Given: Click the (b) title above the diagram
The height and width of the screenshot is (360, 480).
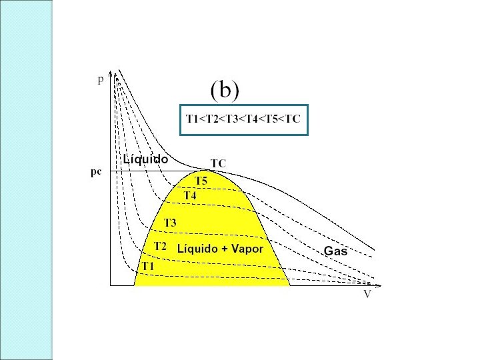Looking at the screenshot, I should [x=225, y=91].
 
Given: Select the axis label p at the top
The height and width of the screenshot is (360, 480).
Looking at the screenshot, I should [x=101, y=80].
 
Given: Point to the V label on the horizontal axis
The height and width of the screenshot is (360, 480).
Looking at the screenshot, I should [x=367, y=294].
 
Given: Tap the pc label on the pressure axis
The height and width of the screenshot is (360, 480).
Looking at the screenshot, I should [x=96, y=171].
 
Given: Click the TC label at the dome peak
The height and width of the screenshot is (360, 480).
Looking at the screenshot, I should [x=218, y=163].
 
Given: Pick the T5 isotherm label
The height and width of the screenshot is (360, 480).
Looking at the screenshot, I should [x=201, y=181].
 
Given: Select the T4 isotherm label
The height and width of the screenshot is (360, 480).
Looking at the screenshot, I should [x=190, y=196].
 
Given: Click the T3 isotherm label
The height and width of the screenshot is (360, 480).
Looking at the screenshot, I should [x=170, y=223].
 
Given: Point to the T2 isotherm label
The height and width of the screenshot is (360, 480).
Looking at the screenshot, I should [x=161, y=246].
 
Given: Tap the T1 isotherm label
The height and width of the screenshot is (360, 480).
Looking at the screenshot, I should [x=147, y=266].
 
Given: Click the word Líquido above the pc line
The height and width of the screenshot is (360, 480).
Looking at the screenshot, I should [x=145, y=159].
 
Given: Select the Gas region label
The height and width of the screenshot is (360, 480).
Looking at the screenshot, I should [x=335, y=251].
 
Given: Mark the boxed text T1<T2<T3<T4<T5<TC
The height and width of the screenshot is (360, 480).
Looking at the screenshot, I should [x=243, y=120].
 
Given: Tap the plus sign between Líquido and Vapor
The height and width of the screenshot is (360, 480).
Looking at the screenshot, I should [x=223, y=249].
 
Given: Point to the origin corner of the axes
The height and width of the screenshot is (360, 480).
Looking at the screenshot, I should [x=109, y=285].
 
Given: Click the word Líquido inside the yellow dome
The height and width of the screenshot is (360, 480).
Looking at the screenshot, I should [x=197, y=249].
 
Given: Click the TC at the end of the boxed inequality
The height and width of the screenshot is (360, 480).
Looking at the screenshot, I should [x=291, y=120].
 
